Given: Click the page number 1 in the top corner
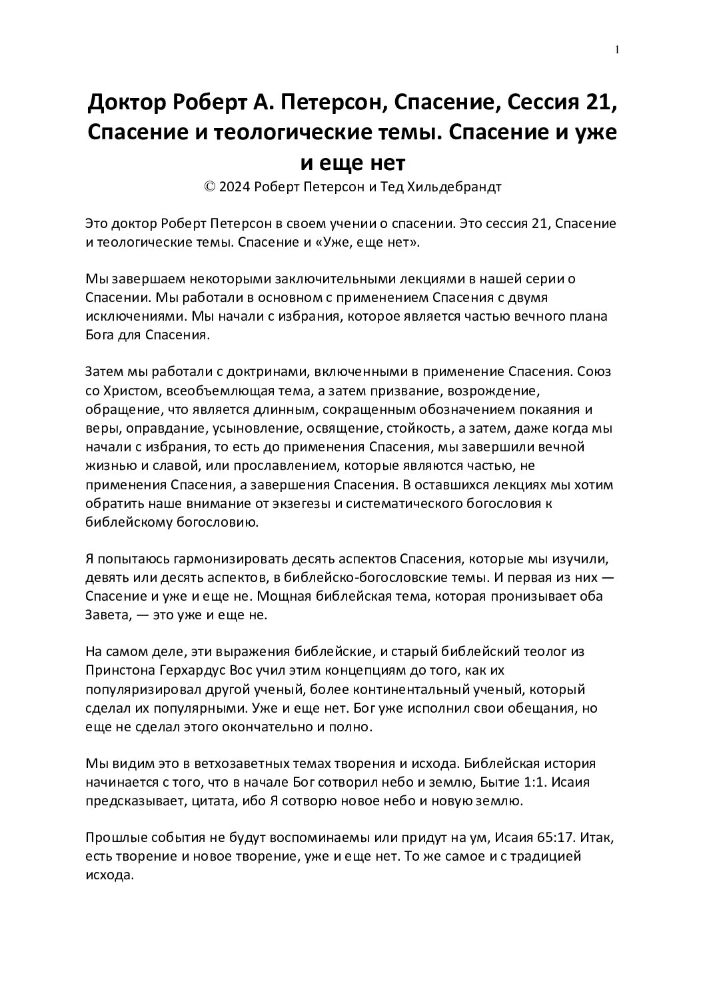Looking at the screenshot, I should (x=617, y=49).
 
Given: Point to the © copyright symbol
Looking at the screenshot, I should (x=209, y=187).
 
